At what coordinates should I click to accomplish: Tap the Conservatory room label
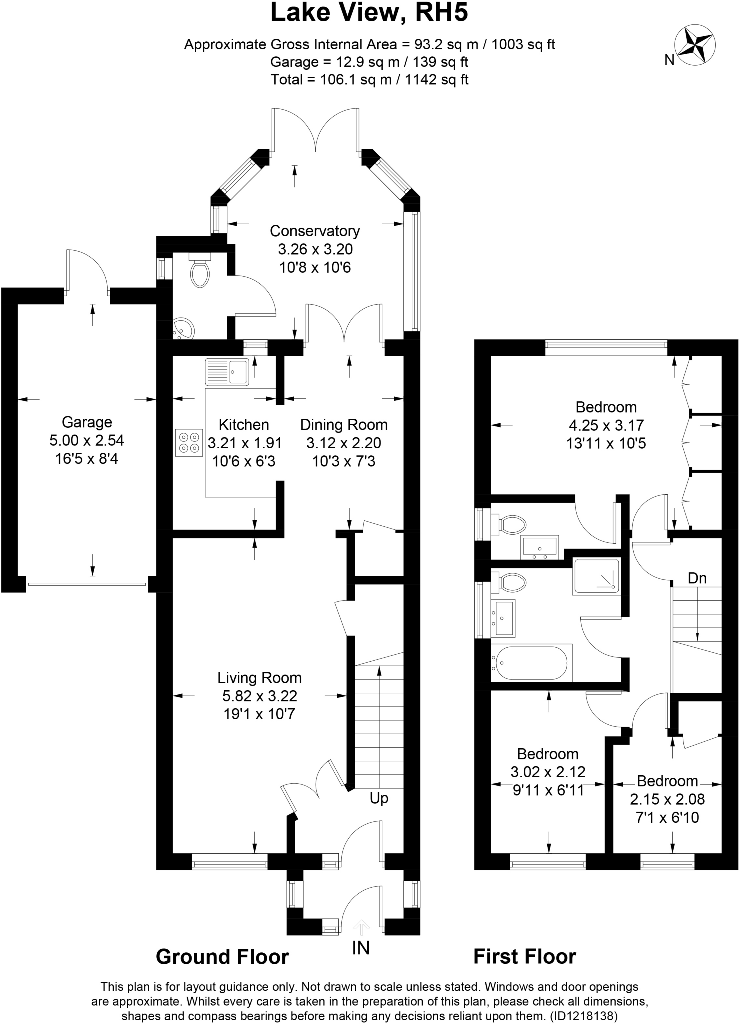point(315,231)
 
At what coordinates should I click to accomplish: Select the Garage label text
point(87,422)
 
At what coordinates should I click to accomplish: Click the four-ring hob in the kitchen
point(189,442)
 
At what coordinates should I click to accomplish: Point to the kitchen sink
point(227,372)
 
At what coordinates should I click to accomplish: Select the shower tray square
point(597,576)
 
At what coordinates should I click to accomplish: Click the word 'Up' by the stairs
point(379,799)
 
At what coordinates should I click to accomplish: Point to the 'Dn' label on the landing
point(697,578)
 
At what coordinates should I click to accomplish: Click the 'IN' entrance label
point(361,948)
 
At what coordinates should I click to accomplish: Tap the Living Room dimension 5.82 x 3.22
point(260,696)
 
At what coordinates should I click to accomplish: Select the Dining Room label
point(344,425)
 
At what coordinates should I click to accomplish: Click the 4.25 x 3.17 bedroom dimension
point(606,425)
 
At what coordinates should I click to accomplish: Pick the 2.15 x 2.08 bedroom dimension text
point(667,799)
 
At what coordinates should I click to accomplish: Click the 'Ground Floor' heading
point(222,957)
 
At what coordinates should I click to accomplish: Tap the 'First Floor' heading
point(525,957)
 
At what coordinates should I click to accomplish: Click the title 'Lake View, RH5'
point(369,13)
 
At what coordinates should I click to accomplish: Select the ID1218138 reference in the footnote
point(584,1016)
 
